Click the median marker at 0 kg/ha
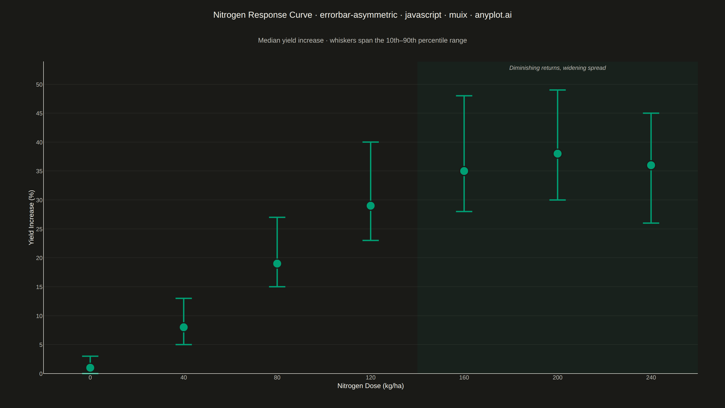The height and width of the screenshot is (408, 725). pyautogui.click(x=90, y=367)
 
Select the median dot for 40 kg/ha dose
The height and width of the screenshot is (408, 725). pyautogui.click(x=184, y=327)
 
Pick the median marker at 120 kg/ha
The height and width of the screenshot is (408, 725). pyautogui.click(x=371, y=206)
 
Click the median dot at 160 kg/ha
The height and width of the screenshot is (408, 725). pyautogui.click(x=464, y=171)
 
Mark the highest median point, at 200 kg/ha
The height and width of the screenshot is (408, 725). pyautogui.click(x=558, y=154)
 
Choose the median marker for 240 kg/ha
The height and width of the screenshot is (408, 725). pyautogui.click(x=651, y=165)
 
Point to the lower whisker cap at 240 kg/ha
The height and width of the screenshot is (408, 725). pyautogui.click(x=651, y=223)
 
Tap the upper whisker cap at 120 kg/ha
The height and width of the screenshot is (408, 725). pyautogui.click(x=371, y=142)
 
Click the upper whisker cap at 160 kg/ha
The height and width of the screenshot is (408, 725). pyautogui.click(x=464, y=96)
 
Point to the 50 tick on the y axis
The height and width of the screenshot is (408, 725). pyautogui.click(x=39, y=85)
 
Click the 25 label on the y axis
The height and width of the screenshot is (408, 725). pyautogui.click(x=39, y=229)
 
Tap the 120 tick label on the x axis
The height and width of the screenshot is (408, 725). pyautogui.click(x=371, y=378)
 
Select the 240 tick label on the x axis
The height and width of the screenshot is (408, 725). pyautogui.click(x=651, y=378)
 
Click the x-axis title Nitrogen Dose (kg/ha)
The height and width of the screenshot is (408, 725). pyautogui.click(x=371, y=386)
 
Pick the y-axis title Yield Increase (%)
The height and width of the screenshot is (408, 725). pyautogui.click(x=31, y=217)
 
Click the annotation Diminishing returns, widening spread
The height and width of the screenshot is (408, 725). pyautogui.click(x=558, y=68)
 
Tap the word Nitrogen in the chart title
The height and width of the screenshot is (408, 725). pyautogui.click(x=229, y=15)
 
